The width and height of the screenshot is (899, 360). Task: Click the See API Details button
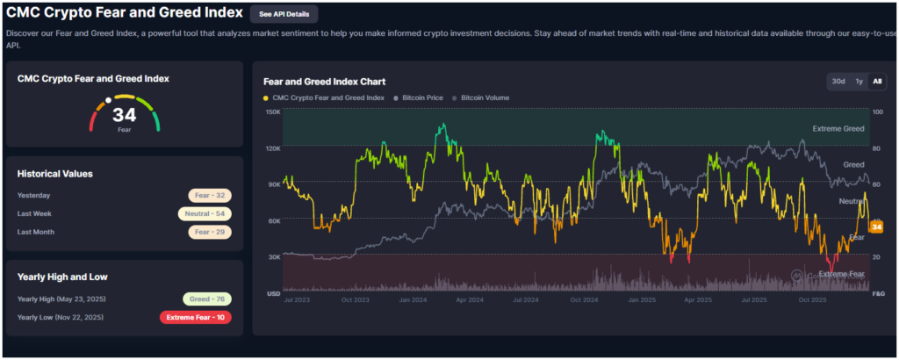284,14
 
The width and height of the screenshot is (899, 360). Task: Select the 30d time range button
838,82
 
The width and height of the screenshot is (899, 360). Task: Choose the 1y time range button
859,82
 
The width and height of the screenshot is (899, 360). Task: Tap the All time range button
877,82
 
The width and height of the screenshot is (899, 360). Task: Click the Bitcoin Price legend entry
418,97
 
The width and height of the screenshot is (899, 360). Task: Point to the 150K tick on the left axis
272,112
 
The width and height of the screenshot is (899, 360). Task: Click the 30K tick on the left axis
272,257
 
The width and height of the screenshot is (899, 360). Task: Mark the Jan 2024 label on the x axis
414,299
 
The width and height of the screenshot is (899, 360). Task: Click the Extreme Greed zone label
838,129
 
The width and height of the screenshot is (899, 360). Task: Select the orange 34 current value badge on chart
876,227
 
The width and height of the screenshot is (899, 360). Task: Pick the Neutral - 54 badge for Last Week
205,213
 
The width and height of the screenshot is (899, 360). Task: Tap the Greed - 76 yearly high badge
207,299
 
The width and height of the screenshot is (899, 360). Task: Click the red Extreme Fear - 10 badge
195,317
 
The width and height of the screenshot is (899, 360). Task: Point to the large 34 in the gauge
125,115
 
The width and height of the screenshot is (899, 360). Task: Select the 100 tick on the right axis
876,112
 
